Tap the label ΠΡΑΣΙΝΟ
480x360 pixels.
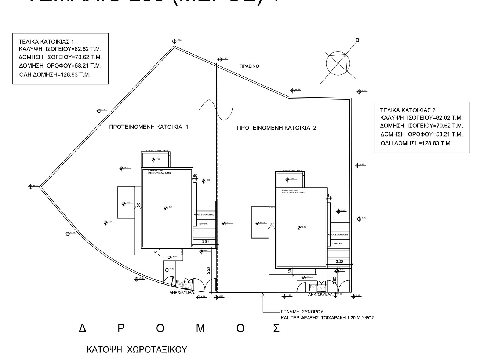(x=249, y=66)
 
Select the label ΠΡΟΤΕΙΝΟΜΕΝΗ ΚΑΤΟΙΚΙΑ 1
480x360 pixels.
(x=149, y=127)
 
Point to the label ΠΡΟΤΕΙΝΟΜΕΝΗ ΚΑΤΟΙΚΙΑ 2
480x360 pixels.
(x=277, y=128)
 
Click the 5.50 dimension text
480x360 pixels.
(x=208, y=271)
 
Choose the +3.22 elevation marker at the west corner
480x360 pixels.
(x=31, y=186)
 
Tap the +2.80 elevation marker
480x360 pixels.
(x=99, y=110)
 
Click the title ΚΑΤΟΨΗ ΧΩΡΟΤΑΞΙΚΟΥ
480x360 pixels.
(x=137, y=349)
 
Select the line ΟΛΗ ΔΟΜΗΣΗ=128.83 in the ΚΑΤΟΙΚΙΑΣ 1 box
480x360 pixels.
(x=55, y=75)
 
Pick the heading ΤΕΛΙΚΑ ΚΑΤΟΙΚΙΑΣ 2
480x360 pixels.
(x=408, y=110)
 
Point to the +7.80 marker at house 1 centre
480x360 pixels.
(x=166, y=208)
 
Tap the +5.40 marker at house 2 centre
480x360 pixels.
(x=299, y=228)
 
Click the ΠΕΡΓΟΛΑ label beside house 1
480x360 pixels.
(x=203, y=223)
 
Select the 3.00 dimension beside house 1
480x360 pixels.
(x=205, y=241)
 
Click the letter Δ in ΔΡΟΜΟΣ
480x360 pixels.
(x=83, y=328)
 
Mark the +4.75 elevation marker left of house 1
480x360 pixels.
(x=124, y=204)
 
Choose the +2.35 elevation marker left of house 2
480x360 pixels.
(x=258, y=223)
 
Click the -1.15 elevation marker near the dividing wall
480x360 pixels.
(x=224, y=223)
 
